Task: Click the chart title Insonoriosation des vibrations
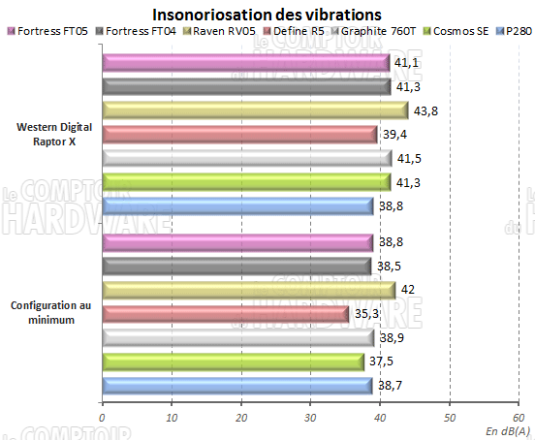(267, 15)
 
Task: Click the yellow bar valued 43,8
(254, 110)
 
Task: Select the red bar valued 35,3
(225, 313)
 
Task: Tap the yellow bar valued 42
(248, 290)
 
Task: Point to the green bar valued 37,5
(233, 361)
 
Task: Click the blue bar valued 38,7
(236, 385)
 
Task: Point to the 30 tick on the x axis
(310, 418)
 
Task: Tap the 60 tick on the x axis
(519, 418)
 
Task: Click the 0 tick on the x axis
(102, 418)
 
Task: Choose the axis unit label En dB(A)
(507, 429)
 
